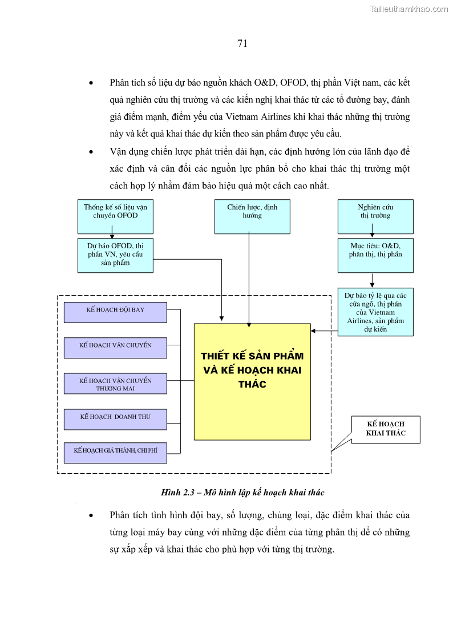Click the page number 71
[242, 44]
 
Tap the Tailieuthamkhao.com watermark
[408, 9]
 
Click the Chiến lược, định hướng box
[252, 216]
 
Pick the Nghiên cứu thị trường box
[375, 216]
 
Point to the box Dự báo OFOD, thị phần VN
[115, 255]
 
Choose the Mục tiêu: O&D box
[375, 255]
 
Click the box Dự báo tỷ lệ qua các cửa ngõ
[375, 312]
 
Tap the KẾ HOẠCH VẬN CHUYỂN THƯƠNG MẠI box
[115, 384]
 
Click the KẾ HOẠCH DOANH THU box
[115, 419]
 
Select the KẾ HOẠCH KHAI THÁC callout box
[386, 429]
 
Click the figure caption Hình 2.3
[242, 492]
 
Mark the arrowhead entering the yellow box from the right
[313, 330]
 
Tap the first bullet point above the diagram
[91, 83]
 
